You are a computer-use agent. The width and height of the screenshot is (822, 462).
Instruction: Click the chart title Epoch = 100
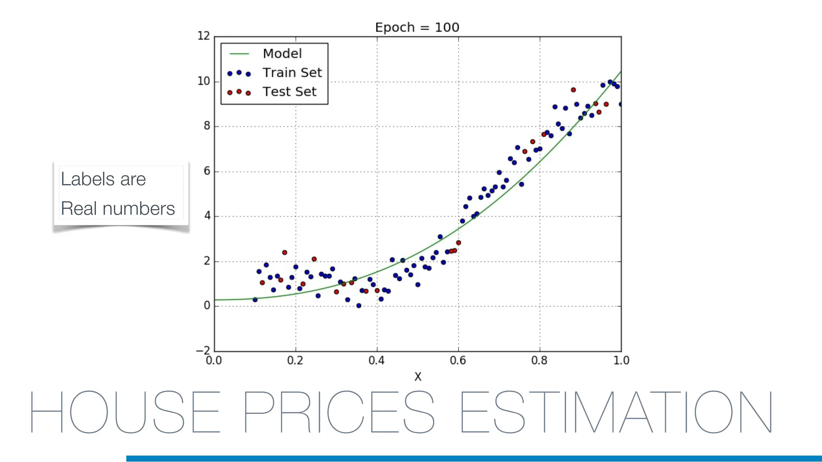[x=417, y=27]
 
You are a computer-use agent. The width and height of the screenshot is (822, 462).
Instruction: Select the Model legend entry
[x=282, y=53]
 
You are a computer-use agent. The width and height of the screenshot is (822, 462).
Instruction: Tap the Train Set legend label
[x=292, y=73]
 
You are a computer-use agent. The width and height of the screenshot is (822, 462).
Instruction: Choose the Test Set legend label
[x=289, y=91]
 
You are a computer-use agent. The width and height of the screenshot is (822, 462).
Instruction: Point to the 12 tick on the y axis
[x=204, y=36]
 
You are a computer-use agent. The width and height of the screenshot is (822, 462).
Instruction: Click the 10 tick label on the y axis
[x=204, y=81]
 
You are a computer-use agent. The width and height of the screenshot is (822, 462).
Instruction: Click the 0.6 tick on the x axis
[x=458, y=361]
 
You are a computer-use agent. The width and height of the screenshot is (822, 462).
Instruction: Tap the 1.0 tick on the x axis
[x=621, y=361]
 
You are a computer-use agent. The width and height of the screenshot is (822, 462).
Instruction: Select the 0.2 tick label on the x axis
[x=295, y=361]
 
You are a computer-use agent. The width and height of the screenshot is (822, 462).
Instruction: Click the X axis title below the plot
[x=418, y=377]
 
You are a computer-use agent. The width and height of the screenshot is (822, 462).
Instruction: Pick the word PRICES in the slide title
[x=338, y=412]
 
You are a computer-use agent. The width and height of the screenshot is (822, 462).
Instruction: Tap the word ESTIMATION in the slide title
[x=616, y=412]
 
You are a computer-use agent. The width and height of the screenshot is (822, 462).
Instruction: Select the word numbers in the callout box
[x=138, y=209]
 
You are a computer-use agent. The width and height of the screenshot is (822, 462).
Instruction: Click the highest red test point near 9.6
[x=573, y=90]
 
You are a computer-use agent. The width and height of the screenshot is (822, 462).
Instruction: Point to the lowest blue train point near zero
[x=359, y=306]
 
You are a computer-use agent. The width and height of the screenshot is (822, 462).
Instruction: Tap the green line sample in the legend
[x=239, y=54]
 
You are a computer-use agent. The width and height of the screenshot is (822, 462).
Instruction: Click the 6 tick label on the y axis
[x=207, y=171]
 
